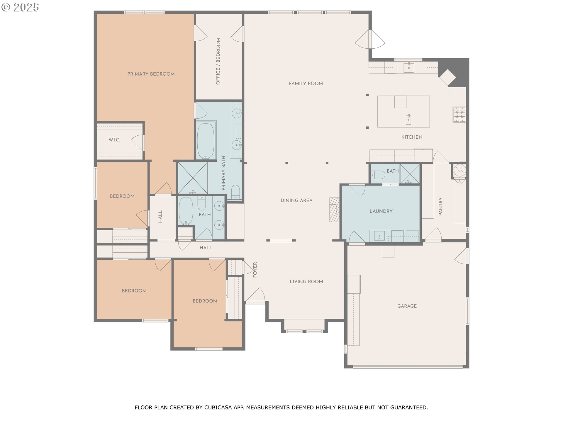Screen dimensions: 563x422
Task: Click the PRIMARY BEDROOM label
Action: [x=151, y=74]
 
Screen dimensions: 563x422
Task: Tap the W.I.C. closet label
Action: [x=114, y=140]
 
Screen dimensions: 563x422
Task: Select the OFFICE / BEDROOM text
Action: [x=218, y=62]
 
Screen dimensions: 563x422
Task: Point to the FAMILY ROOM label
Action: [x=306, y=84]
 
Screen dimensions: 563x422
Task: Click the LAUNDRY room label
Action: [x=381, y=211]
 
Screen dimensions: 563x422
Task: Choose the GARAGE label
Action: [x=407, y=306]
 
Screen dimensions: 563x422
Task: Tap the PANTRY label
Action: [x=440, y=207]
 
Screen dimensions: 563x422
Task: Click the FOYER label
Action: [x=255, y=270]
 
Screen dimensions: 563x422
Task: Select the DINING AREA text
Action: [x=296, y=200]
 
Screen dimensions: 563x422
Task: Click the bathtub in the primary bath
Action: [x=205, y=141]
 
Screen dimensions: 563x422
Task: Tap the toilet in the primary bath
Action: [x=236, y=192]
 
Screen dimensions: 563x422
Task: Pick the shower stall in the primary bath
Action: [x=192, y=178]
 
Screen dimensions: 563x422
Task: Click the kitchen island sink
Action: [x=408, y=119]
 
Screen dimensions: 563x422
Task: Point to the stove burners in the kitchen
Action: [x=459, y=114]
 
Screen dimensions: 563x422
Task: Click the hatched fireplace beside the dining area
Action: [x=334, y=210]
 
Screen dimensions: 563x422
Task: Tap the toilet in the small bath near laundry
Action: [x=378, y=175]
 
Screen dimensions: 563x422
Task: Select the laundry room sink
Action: [x=379, y=236]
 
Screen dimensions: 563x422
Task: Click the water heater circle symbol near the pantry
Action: [x=459, y=170]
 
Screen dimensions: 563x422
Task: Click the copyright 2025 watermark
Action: [x=20, y=7]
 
